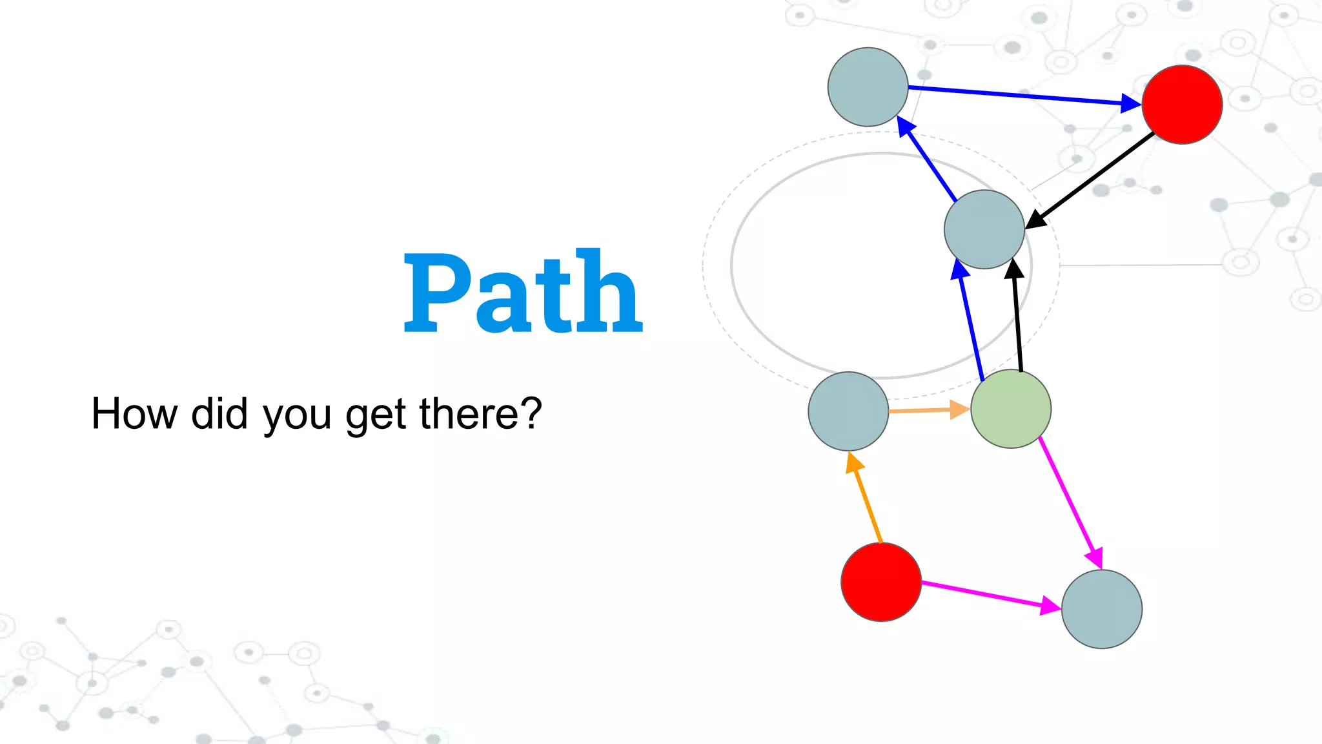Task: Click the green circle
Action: coord(1011,409)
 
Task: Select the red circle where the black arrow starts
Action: coord(1182,104)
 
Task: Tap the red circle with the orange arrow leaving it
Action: coord(881,582)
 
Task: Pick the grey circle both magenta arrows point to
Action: coord(1102,609)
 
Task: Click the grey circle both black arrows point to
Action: coord(984,229)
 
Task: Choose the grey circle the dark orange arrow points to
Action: coord(848,411)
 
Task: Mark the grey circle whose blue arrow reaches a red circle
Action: coord(868,87)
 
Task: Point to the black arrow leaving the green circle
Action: coord(1017,316)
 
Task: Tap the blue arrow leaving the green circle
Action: coord(970,323)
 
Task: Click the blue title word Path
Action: coord(523,293)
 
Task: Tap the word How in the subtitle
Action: coord(134,413)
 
